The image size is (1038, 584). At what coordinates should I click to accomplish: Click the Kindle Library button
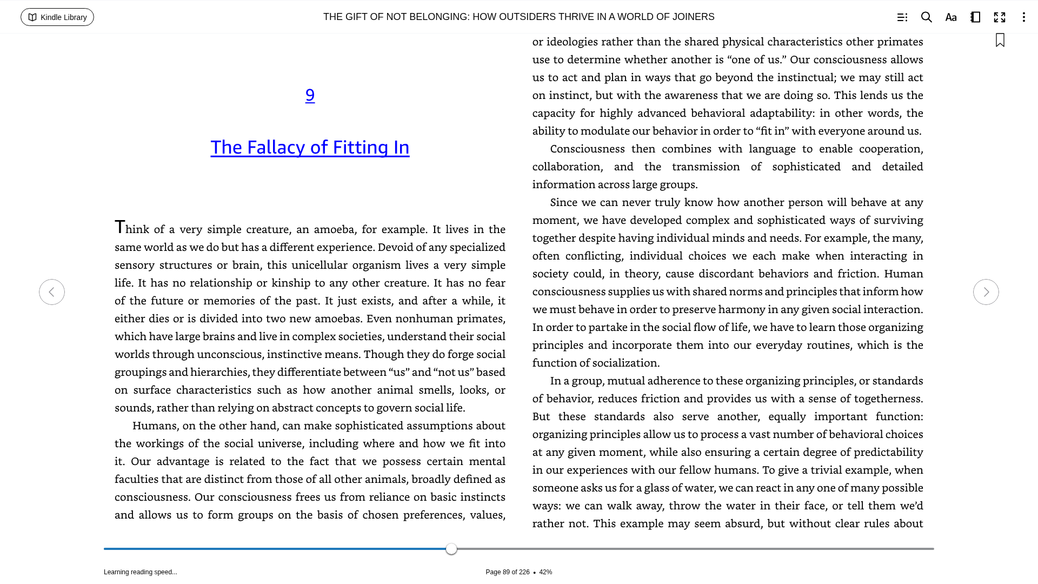click(x=57, y=17)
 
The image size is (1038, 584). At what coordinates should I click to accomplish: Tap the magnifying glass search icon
click(x=926, y=17)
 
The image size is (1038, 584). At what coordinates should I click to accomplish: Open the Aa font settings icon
click(x=951, y=17)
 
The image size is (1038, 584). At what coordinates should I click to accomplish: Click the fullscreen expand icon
click(x=1000, y=17)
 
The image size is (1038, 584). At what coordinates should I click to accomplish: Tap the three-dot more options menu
click(x=1023, y=17)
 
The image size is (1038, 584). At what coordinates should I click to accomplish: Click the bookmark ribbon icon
click(x=1000, y=40)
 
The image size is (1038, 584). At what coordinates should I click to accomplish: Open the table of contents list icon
click(x=902, y=17)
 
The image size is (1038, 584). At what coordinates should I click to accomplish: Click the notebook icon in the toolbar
click(x=975, y=17)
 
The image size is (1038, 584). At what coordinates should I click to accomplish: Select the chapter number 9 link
click(x=310, y=95)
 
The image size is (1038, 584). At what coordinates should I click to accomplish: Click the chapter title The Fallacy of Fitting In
click(x=310, y=147)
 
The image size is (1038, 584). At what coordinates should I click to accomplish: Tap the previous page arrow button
click(x=52, y=292)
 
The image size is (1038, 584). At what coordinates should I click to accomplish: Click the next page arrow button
click(x=986, y=292)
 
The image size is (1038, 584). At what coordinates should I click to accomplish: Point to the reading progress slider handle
click(x=451, y=549)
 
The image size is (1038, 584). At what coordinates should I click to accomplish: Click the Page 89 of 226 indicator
click(x=507, y=572)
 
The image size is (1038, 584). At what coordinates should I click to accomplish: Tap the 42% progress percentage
click(x=545, y=572)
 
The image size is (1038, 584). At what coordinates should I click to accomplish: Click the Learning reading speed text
click(x=141, y=572)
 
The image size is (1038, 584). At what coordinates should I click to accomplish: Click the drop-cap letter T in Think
click(x=119, y=227)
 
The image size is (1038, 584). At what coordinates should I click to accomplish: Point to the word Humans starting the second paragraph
click(x=155, y=426)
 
